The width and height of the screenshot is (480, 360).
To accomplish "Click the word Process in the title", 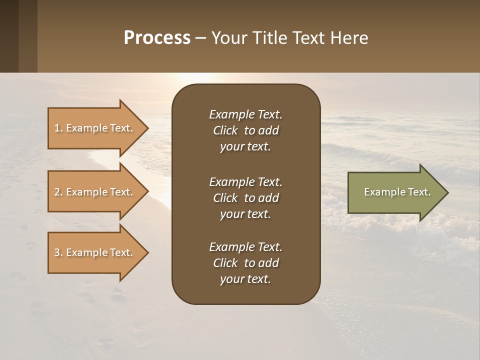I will [x=157, y=38].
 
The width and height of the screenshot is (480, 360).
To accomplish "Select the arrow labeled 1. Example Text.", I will [x=95, y=128].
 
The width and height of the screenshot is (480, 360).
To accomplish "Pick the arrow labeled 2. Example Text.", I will [x=95, y=192].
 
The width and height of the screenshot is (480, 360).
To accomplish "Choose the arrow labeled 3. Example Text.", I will [x=95, y=252].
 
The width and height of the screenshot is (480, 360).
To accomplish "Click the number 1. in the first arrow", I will [x=58, y=128].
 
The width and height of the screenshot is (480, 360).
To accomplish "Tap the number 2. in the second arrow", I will [x=58, y=192].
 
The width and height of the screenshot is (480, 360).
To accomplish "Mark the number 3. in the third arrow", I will [x=58, y=252].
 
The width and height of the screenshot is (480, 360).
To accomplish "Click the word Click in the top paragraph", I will [x=225, y=130].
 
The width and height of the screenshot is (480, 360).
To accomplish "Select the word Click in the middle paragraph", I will [x=225, y=198].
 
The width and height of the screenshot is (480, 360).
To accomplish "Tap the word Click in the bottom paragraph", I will [x=225, y=263].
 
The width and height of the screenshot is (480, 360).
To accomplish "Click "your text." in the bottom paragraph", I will [x=245, y=279].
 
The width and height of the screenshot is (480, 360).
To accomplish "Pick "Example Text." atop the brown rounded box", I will [x=245, y=114].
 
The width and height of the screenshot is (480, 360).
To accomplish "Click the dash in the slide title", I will [x=200, y=38].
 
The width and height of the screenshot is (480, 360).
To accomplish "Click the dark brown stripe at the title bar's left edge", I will [x=9, y=36].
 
